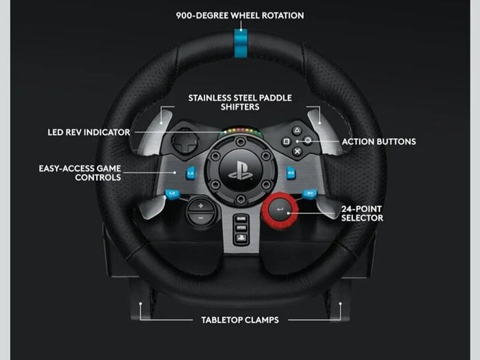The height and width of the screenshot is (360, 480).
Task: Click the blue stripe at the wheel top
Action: tap(241, 43)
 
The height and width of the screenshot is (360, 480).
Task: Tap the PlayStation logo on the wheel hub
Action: tap(241, 171)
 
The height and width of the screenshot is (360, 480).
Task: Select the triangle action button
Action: tap(296, 131)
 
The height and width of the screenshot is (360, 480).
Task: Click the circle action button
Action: tap(308, 141)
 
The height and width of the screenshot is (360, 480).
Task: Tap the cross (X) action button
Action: tap(297, 151)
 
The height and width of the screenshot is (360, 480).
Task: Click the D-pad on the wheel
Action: tap(185, 142)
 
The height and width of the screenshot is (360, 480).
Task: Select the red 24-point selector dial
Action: tap(280, 211)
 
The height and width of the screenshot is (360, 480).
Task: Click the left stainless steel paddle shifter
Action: tap(154, 132)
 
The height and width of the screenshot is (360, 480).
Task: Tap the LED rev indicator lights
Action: tap(241, 132)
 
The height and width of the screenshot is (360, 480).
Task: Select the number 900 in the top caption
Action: tap(184, 15)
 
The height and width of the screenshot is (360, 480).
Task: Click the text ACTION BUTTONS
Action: tap(379, 142)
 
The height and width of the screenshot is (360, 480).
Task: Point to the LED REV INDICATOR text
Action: tap(88, 132)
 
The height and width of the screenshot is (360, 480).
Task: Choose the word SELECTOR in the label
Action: tap(362, 218)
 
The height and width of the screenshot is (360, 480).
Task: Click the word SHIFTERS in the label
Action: tap(240, 107)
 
